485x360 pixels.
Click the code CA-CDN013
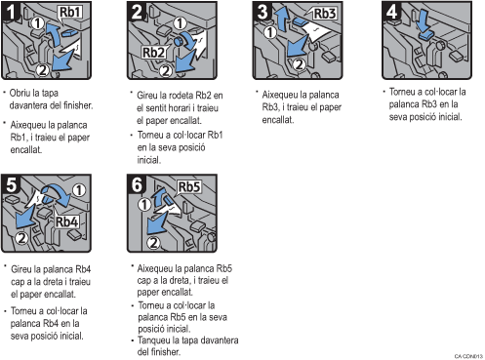point(466,354)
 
